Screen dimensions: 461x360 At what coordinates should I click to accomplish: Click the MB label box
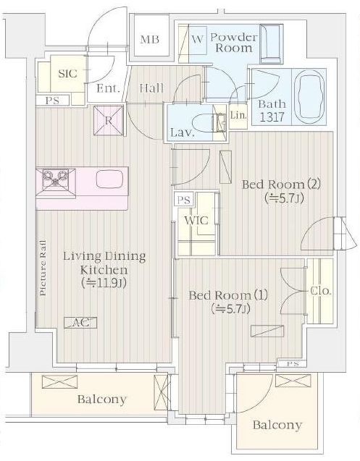[150, 39]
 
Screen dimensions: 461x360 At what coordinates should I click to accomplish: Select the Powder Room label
[233, 42]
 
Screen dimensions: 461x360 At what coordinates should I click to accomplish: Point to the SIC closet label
[67, 74]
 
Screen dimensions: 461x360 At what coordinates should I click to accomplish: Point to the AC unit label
[81, 323]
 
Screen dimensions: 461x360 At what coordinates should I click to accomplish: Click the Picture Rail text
[43, 268]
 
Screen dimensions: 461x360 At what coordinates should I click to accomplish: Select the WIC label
[197, 221]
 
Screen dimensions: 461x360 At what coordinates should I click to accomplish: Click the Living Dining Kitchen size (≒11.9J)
[105, 282]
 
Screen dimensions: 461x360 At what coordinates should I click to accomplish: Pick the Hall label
[151, 88]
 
